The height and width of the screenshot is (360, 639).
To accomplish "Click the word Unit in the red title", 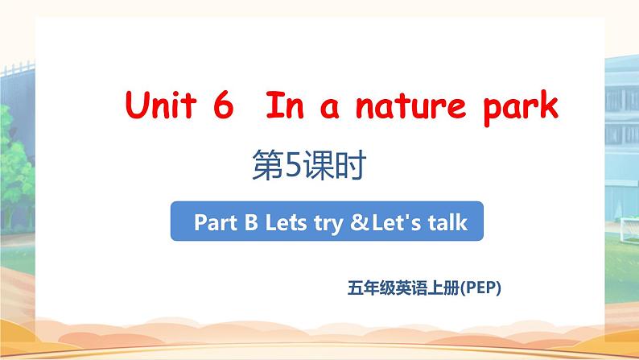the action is tap(162, 105).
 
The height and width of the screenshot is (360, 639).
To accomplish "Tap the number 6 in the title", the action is tap(223, 105).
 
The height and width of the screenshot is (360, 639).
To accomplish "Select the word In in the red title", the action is tap(285, 106).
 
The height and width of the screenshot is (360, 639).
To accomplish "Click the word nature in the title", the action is tap(410, 106).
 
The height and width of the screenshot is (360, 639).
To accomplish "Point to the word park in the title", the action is tap(521, 108).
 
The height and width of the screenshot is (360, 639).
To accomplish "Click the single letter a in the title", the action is tap(330, 109).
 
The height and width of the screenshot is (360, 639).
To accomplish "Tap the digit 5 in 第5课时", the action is tap(293, 165).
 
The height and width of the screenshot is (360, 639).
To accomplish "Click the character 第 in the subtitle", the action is tap(268, 165).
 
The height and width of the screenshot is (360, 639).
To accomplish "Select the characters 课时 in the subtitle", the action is tap(334, 165).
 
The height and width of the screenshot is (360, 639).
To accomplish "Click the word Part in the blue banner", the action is tap(215, 222).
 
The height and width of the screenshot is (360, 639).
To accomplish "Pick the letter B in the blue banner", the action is tap(251, 222).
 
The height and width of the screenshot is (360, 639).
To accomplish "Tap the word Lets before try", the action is tap(286, 222).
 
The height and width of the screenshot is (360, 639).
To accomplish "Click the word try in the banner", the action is tap(328, 225).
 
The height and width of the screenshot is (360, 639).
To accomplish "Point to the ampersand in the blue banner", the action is tap(359, 222).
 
